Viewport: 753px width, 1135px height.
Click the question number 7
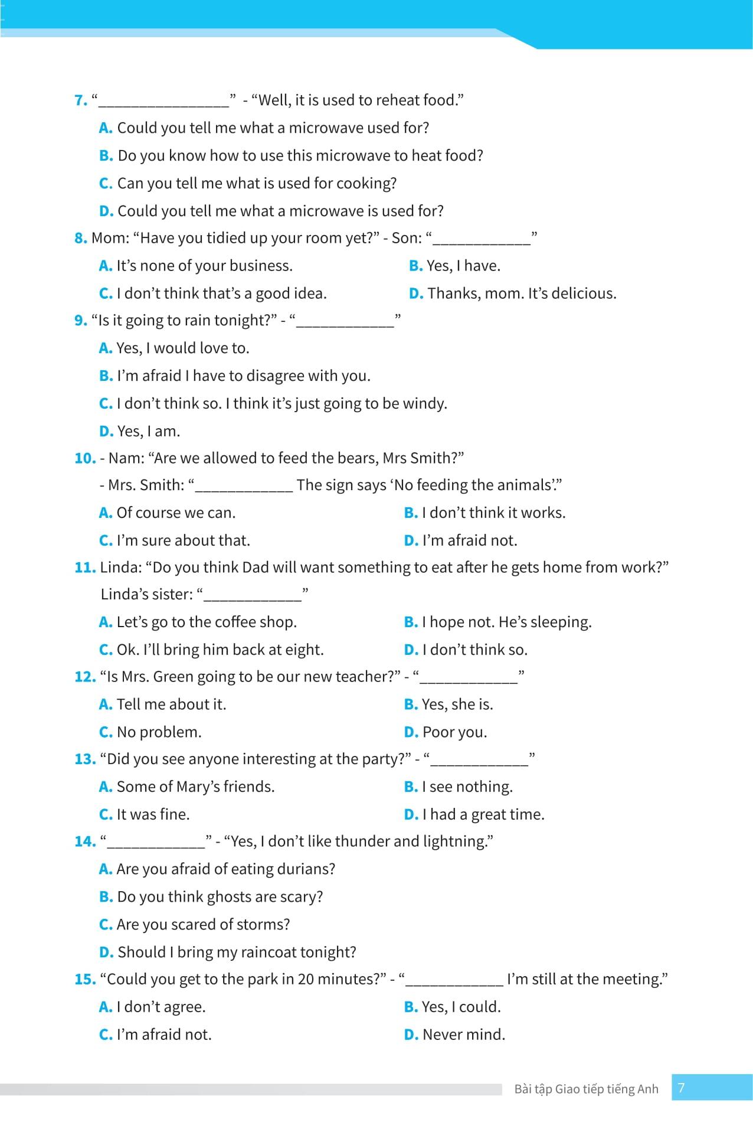80,100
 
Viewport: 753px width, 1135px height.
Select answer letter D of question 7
106,211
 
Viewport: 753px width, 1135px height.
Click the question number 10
84,458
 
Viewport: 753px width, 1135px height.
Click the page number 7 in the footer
682,1088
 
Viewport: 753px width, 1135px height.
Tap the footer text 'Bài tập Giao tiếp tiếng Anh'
586,1090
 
